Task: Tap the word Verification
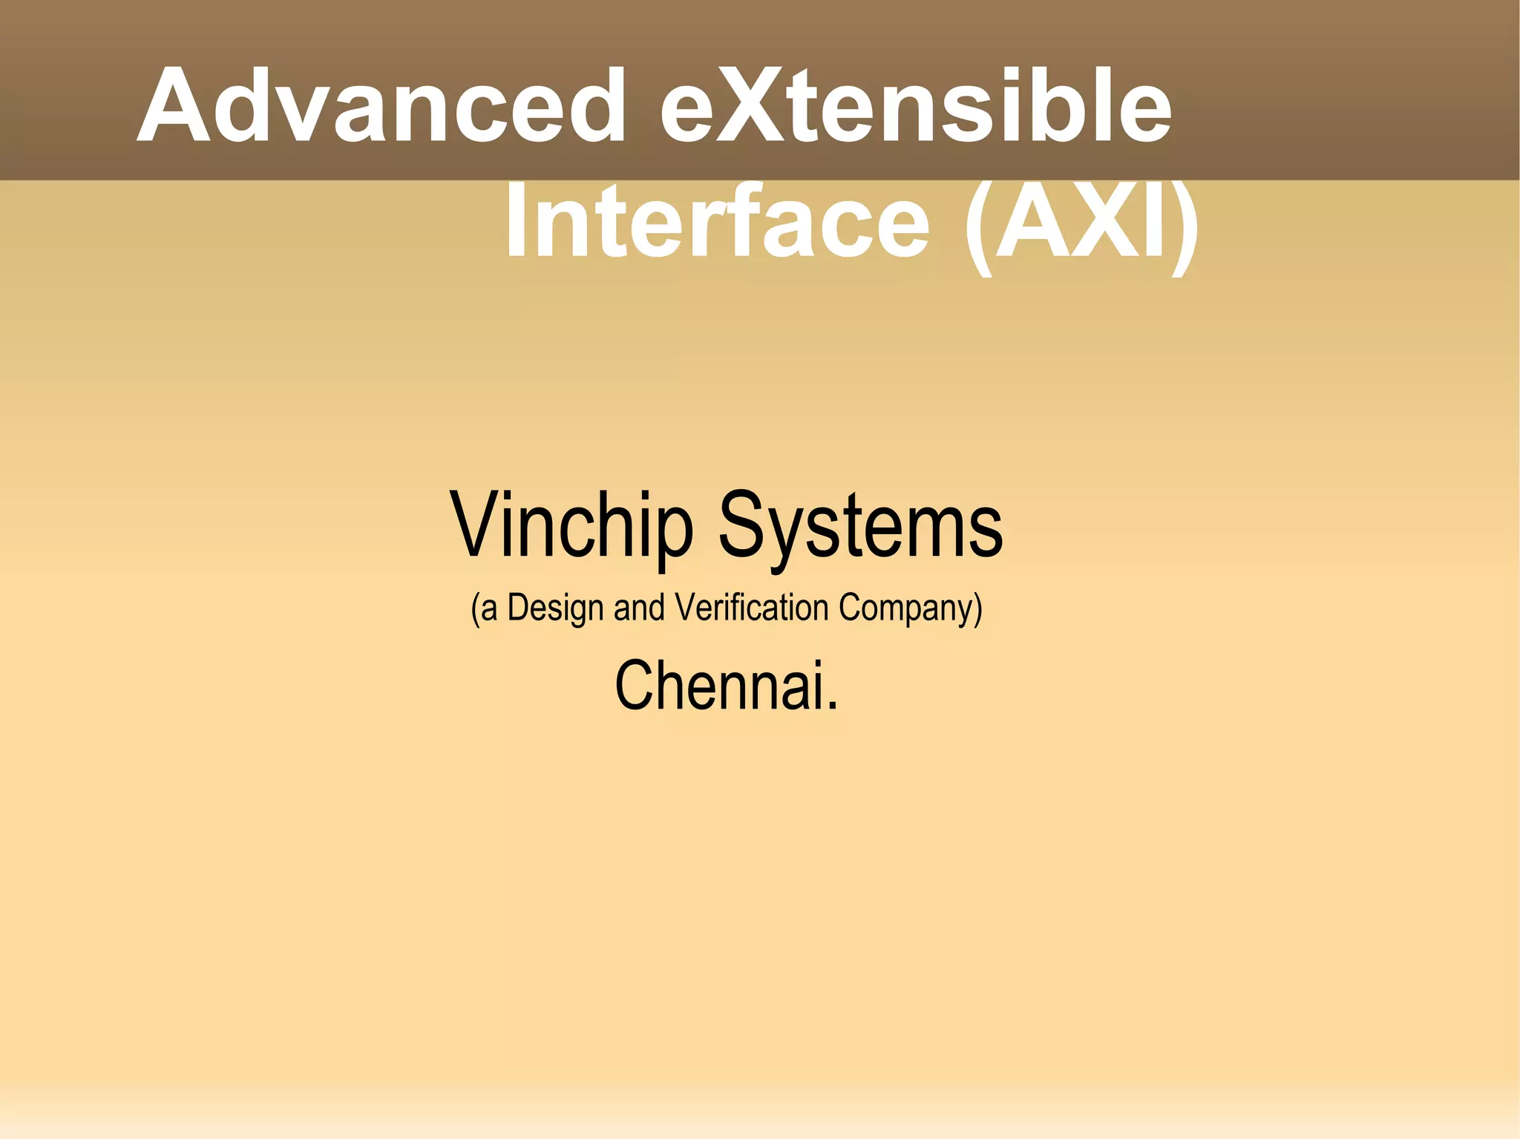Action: click(x=752, y=608)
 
